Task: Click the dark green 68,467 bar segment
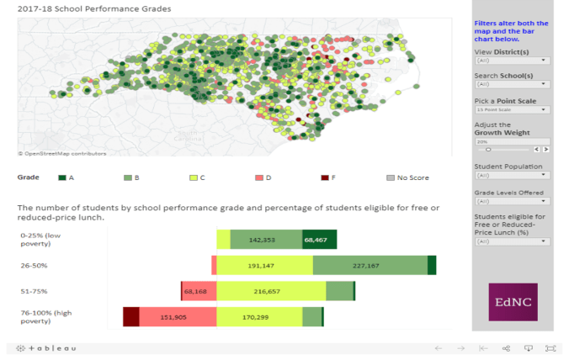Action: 320,240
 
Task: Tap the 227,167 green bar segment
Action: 370,265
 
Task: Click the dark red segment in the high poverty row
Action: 130,317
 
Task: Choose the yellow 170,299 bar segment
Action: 259,317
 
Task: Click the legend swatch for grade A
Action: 61,177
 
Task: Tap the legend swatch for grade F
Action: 325,177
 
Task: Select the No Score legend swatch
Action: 390,177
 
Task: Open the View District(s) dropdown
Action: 512,61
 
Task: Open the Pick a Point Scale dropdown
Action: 512,109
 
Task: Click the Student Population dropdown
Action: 512,175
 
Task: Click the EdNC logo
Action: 513,301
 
